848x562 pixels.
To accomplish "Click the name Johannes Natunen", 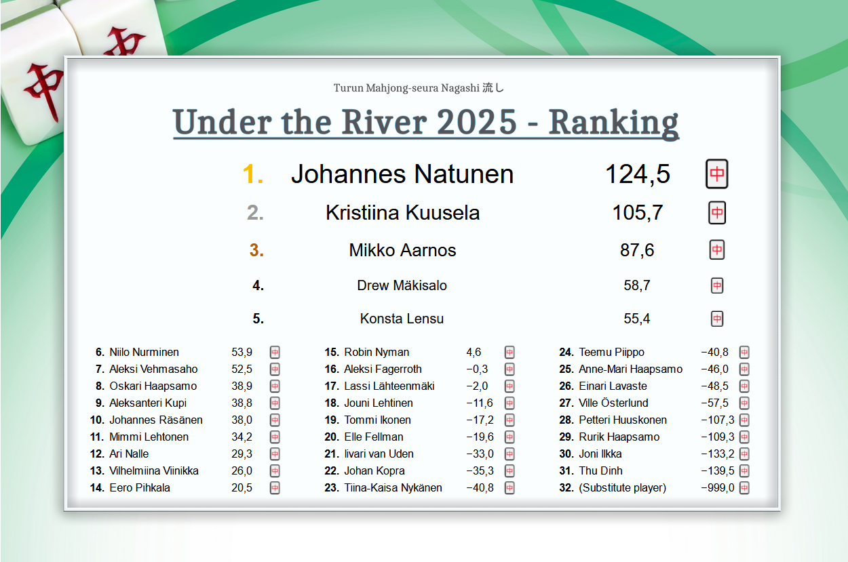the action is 402,174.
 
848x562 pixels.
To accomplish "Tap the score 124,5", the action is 638,174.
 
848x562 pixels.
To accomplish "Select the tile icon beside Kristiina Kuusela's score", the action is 717,213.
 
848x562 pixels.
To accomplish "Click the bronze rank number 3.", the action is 256,250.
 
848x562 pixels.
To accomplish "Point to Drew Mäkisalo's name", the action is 402,285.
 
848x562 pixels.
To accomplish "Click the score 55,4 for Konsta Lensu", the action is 637,319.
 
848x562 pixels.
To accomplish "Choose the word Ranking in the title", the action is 613,123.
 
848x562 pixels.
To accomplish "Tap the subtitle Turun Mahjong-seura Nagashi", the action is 406,88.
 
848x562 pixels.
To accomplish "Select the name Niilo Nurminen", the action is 144,352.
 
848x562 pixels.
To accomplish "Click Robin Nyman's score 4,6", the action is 474,353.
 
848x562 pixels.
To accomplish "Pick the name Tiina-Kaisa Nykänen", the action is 393,488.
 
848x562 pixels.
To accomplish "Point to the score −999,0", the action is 717,488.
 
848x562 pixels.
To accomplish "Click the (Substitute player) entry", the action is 622,488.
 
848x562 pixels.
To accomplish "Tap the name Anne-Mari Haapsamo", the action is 631,369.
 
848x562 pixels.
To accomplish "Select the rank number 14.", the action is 97,488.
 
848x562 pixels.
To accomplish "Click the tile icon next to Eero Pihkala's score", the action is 275,488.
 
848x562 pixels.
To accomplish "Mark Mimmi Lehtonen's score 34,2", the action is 242,437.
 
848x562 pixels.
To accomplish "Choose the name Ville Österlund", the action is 613,403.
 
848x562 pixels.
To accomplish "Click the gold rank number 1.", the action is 253,175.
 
